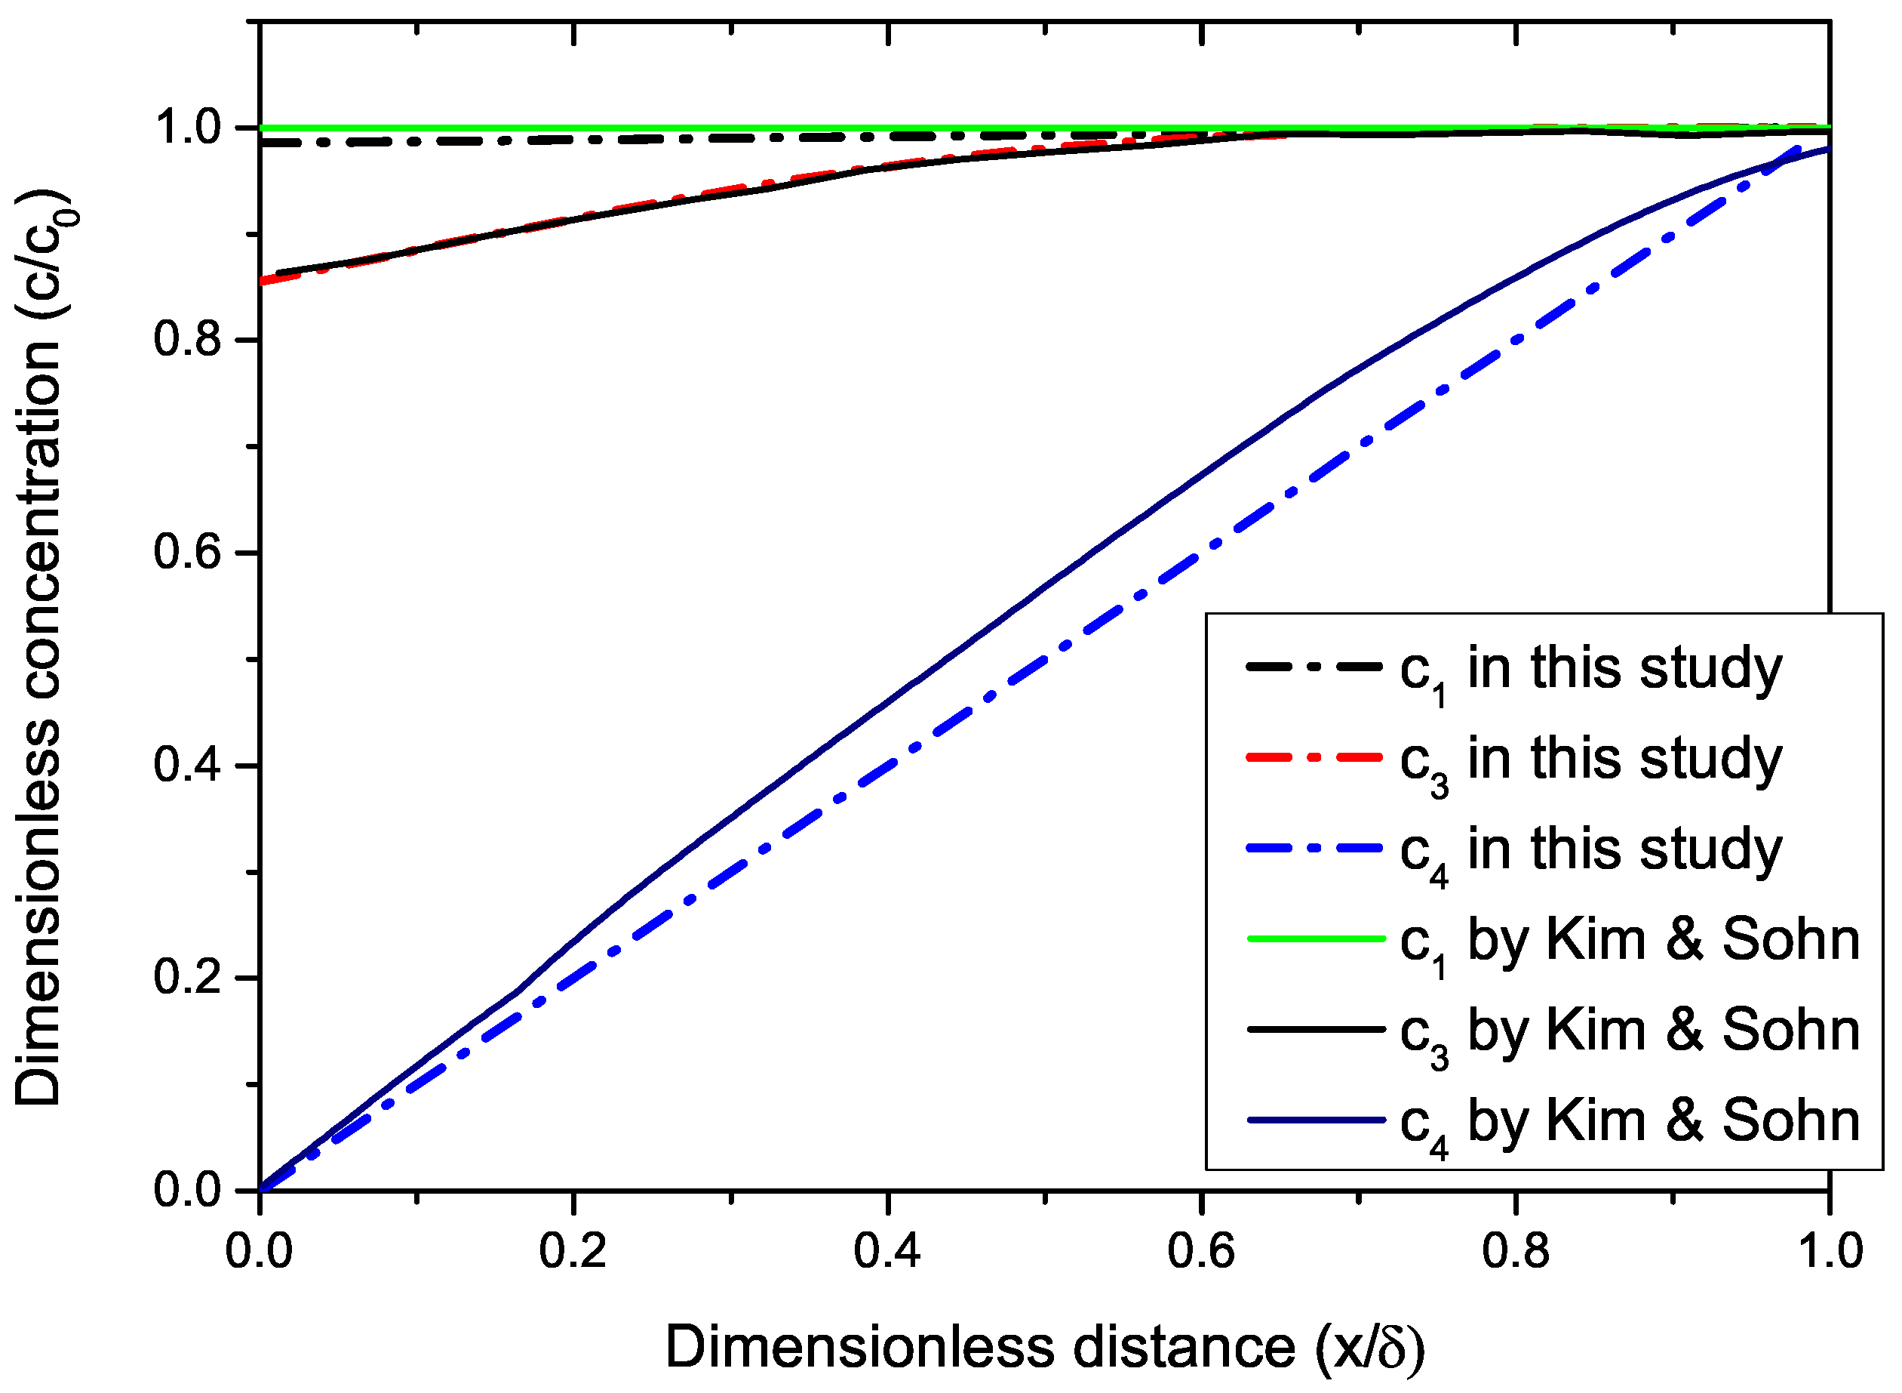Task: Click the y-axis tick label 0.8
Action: pyautogui.click(x=187, y=340)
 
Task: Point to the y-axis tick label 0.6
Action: pyautogui.click(x=187, y=553)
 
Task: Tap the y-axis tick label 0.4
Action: pyautogui.click(x=187, y=765)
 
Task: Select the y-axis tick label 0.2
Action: pyautogui.click(x=187, y=977)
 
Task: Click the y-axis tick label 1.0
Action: pyautogui.click(x=187, y=128)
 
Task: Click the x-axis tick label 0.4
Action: pyautogui.click(x=886, y=1251)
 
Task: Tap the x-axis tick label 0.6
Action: pyautogui.click(x=1201, y=1251)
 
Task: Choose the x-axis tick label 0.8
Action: pyautogui.click(x=1515, y=1251)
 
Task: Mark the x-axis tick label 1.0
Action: pyautogui.click(x=1830, y=1251)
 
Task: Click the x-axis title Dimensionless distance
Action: pyautogui.click(x=1045, y=1348)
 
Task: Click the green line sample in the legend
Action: pyautogui.click(x=1316, y=938)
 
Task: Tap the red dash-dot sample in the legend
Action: pyautogui.click(x=1316, y=757)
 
